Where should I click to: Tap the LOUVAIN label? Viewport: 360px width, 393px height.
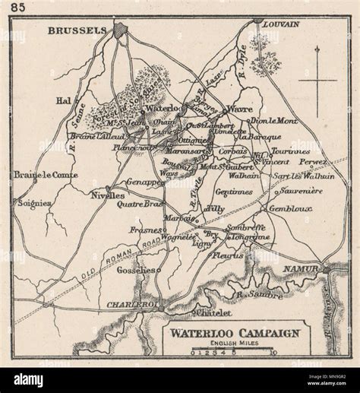280,24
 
